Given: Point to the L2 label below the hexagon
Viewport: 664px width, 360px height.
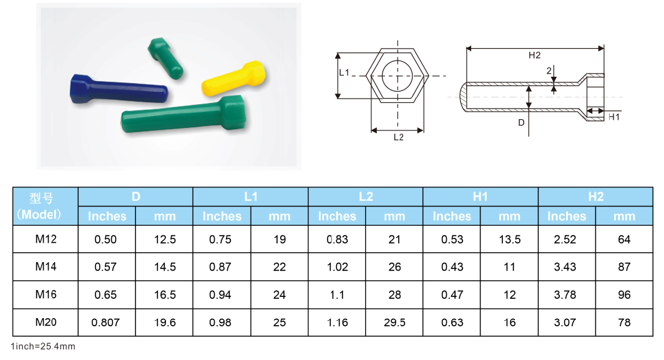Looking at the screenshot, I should click(398, 138).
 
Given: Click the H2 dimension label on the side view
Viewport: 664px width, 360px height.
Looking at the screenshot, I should click(534, 56).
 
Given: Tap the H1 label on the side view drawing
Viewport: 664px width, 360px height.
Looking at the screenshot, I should click(614, 117).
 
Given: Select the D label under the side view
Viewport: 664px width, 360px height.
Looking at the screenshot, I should click(521, 123).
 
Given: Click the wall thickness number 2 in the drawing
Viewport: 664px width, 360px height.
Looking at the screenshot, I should click(549, 71).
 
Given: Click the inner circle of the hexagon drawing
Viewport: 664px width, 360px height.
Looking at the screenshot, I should click(398, 76).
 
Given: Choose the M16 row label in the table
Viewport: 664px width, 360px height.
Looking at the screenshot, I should click(46, 294).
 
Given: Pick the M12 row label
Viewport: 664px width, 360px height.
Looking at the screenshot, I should click(46, 239).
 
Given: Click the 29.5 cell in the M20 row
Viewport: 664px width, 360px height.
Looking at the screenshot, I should click(394, 323).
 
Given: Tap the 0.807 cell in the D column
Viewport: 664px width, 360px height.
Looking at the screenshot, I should click(105, 323).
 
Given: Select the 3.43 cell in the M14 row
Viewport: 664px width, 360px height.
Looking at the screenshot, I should click(566, 267).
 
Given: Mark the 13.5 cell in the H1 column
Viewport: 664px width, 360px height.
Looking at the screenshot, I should click(509, 240).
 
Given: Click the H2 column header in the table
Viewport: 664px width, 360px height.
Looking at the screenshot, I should click(595, 197).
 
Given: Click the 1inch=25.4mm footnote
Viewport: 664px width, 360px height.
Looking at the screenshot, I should click(44, 346).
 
